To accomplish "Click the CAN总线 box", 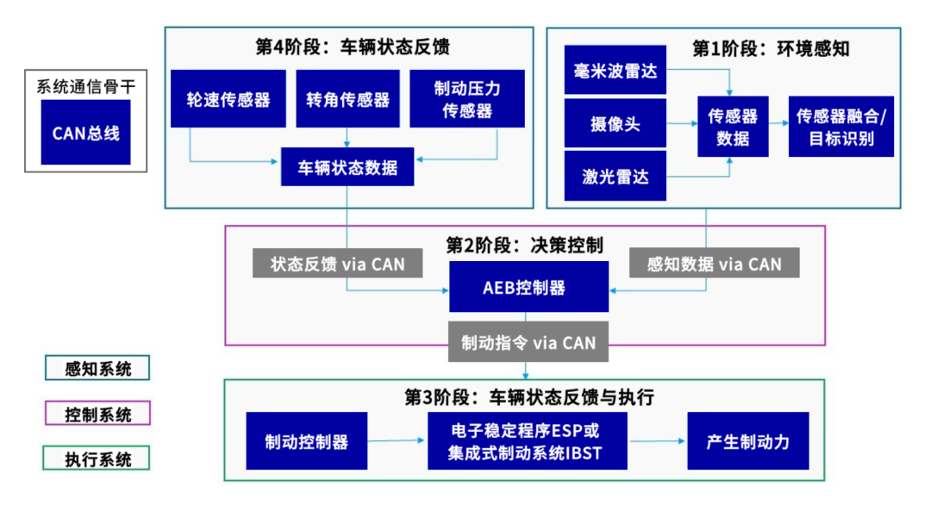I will (x=85, y=132).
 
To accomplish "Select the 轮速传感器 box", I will (x=228, y=99).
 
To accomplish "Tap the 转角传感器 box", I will (x=347, y=99).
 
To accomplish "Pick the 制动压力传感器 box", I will (x=467, y=99).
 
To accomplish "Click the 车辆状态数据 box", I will (x=347, y=167).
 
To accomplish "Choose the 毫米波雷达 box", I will (x=615, y=70).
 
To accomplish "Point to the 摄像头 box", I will (x=615, y=123).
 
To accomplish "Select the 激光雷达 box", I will (x=615, y=177).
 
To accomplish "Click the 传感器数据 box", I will (x=732, y=126).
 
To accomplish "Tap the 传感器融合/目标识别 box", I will (x=840, y=126).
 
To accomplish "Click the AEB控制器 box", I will (x=528, y=287).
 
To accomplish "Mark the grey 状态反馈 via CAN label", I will (x=337, y=264).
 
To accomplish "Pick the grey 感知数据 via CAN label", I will (x=714, y=264).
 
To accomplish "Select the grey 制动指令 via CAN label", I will (x=528, y=342).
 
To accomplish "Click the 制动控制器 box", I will (x=306, y=441).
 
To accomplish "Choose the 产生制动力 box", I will (x=747, y=441).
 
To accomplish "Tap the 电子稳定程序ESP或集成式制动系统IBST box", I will (x=527, y=441).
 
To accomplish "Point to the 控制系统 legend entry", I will (x=97, y=414).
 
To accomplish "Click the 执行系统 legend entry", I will (x=97, y=458).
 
